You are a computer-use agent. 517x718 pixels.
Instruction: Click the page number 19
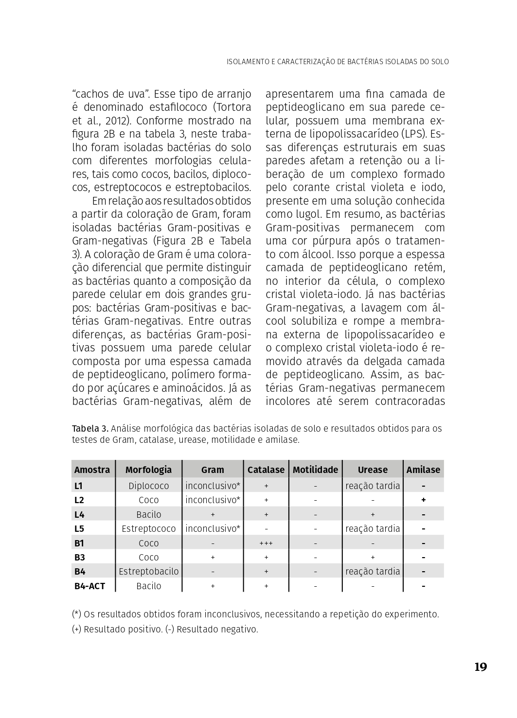480,667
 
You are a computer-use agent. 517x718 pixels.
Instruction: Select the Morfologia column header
148,470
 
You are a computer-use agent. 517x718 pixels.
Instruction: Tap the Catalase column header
266,470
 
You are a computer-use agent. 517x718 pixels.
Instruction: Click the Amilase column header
423,470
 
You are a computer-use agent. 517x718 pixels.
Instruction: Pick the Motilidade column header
315,470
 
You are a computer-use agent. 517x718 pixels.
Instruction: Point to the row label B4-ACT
89,586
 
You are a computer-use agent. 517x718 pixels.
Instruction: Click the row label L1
79,486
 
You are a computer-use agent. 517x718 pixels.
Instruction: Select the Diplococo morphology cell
148,486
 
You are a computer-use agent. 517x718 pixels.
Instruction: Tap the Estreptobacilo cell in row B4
148,572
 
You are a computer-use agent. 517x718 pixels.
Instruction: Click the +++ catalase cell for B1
266,543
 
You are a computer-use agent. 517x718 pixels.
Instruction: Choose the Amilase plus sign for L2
424,500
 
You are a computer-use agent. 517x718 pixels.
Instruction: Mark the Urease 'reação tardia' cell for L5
373,528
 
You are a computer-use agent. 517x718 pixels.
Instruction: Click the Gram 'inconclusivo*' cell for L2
213,500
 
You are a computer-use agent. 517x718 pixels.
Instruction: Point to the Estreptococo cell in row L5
148,528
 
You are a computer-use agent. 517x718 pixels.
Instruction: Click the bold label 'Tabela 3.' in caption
90,428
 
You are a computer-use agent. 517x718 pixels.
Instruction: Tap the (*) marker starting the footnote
76,614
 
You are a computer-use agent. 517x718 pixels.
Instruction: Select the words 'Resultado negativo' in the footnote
217,629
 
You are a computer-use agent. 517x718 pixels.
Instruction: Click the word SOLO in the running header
440,62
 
